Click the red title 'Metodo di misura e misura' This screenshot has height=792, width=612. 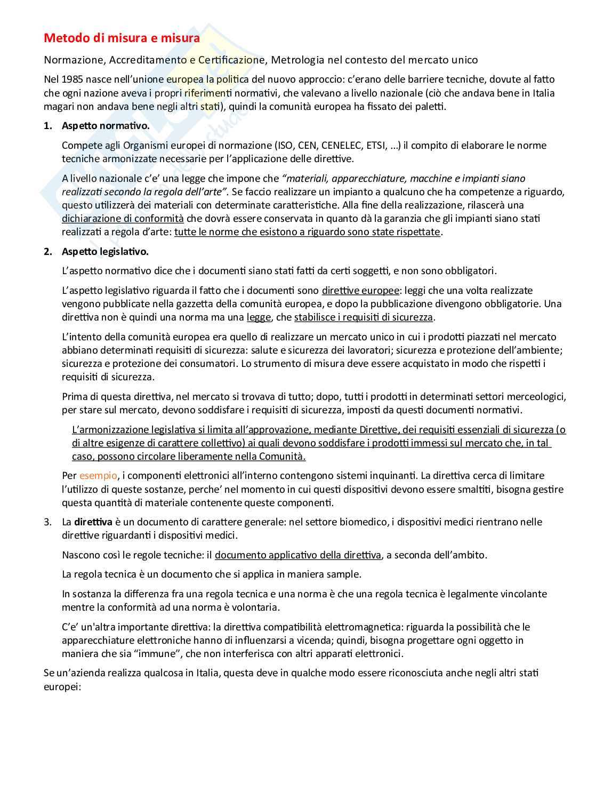(122, 38)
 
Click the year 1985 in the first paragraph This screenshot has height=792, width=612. (72, 79)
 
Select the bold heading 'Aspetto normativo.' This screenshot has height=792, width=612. (106, 126)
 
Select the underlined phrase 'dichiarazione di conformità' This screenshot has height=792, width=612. (123, 218)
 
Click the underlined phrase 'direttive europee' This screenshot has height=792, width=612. (360, 291)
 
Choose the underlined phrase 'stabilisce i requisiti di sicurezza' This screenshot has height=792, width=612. (364, 317)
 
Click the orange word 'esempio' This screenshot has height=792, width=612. (98, 476)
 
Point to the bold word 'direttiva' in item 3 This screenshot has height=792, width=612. (93, 522)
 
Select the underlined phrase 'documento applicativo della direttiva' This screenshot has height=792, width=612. (298, 555)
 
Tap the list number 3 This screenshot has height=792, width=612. (47, 522)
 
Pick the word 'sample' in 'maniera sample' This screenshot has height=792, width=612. (347, 574)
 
